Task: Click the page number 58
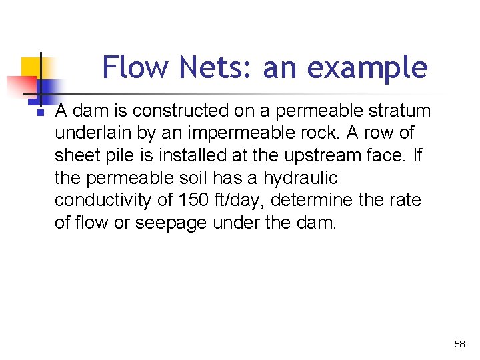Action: (459, 344)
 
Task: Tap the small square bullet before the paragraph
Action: (41, 113)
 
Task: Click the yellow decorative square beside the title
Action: (31, 68)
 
